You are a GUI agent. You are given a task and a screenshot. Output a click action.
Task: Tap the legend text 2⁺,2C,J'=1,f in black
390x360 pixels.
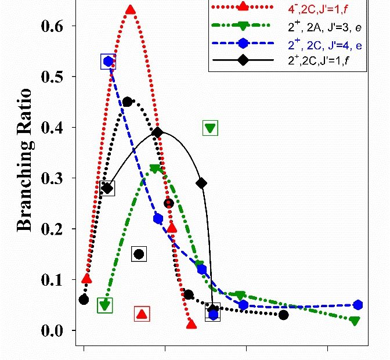click(x=317, y=61)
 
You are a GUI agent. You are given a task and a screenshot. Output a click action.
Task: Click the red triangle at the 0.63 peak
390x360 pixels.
click(x=131, y=10)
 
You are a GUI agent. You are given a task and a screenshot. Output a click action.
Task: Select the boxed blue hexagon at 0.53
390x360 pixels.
click(x=108, y=62)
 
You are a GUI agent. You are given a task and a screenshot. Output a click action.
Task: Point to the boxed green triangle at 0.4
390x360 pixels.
click(x=210, y=128)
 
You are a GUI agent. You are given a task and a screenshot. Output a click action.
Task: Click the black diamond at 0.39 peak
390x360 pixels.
click(x=157, y=132)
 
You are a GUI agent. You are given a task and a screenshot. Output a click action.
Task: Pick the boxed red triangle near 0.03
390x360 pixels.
click(x=142, y=314)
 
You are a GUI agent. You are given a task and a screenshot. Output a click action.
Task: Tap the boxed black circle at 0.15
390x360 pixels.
click(x=138, y=254)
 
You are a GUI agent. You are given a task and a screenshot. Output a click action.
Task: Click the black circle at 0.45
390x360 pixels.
click(x=127, y=102)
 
